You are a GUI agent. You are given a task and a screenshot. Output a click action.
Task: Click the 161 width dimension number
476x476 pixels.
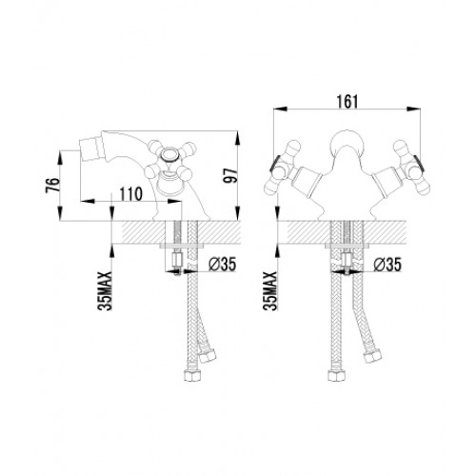click(x=347, y=101)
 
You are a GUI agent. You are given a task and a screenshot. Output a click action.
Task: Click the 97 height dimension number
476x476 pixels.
click(x=230, y=175)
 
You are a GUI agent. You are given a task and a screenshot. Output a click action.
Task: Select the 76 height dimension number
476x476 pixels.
click(x=52, y=185)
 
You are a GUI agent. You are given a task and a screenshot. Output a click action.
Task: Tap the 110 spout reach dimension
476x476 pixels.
click(x=131, y=194)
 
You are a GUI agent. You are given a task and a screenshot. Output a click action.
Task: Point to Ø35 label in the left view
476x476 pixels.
click(x=223, y=264)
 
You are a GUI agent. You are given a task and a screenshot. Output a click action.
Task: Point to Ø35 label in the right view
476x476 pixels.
click(x=387, y=264)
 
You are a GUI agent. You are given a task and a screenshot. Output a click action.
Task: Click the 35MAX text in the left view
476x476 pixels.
click(x=105, y=290)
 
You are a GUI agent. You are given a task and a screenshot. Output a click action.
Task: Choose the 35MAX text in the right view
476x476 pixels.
click(x=270, y=290)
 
